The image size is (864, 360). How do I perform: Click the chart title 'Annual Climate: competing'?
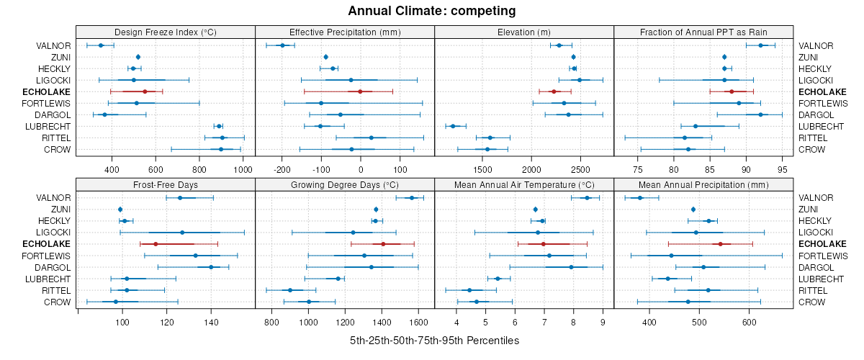(x=431, y=11)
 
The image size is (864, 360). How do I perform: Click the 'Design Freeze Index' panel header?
(x=166, y=32)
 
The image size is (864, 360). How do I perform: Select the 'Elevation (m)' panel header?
(x=524, y=32)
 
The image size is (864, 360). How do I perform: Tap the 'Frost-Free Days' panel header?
(x=166, y=184)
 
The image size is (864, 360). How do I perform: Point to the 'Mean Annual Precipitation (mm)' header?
(x=703, y=184)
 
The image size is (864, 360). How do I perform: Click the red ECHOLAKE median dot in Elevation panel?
(x=554, y=91)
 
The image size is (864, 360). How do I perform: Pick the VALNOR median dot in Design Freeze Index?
(x=101, y=45)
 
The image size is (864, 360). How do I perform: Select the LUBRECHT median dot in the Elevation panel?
(x=453, y=126)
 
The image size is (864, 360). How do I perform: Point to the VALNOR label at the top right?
(x=816, y=45)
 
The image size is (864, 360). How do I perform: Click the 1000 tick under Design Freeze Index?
(x=243, y=169)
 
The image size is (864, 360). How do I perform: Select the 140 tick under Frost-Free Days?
(x=211, y=322)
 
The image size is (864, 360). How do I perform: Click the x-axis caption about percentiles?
(x=434, y=340)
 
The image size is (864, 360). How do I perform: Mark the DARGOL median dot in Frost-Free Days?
(x=211, y=267)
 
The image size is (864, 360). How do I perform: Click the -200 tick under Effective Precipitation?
(x=282, y=169)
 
